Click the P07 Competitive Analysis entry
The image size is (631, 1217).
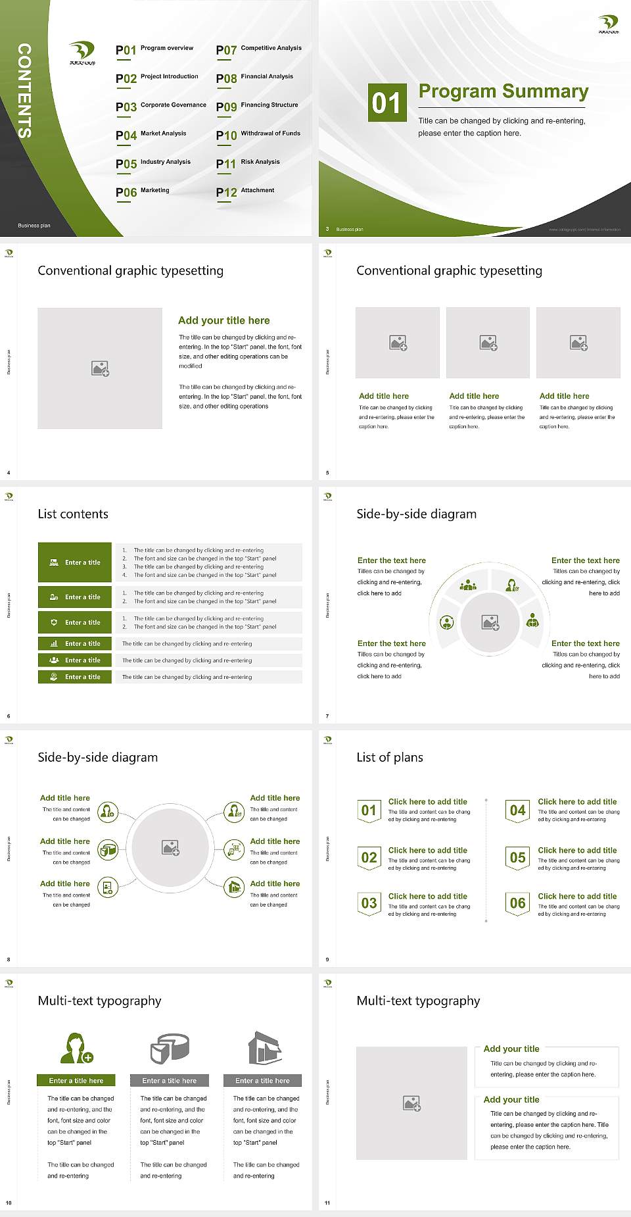tap(258, 49)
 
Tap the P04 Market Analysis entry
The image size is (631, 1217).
tap(151, 135)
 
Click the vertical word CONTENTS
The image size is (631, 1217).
tap(24, 91)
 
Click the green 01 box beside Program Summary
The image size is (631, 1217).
tap(386, 103)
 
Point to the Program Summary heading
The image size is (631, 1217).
tap(503, 91)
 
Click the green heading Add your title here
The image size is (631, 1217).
tap(223, 320)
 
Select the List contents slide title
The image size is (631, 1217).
tap(73, 514)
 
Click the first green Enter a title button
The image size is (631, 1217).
tap(75, 562)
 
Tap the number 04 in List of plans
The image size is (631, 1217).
tap(517, 810)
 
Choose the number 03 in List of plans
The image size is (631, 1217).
tap(369, 903)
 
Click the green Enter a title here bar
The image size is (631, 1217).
tap(76, 1080)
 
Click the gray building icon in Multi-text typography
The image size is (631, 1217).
tap(265, 1048)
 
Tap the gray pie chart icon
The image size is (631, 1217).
tap(170, 1048)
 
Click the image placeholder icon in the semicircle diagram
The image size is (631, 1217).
tap(490, 622)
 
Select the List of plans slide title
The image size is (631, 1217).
tap(390, 757)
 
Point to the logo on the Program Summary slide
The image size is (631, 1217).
tap(608, 24)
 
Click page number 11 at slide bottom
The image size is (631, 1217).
tap(327, 1203)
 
